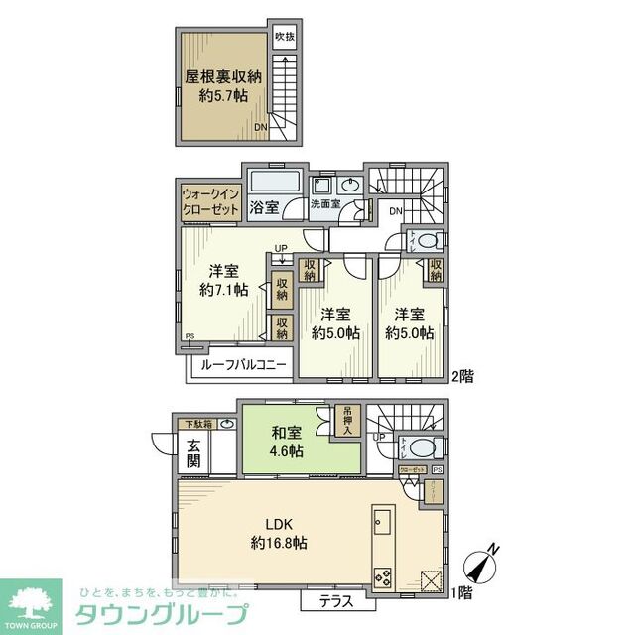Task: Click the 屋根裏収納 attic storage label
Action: tap(222, 76)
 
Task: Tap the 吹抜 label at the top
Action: tap(285, 38)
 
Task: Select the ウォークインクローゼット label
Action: tap(209, 202)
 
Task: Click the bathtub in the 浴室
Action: tap(276, 184)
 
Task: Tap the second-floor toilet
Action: tap(427, 240)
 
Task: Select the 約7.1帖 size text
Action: tap(222, 291)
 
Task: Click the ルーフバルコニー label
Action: tap(243, 365)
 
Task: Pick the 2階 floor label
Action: tap(462, 377)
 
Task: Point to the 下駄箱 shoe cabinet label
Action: tap(196, 424)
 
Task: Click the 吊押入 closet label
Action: tap(348, 418)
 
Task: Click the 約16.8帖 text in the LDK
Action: tap(279, 543)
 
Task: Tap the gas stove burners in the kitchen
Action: tap(383, 575)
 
